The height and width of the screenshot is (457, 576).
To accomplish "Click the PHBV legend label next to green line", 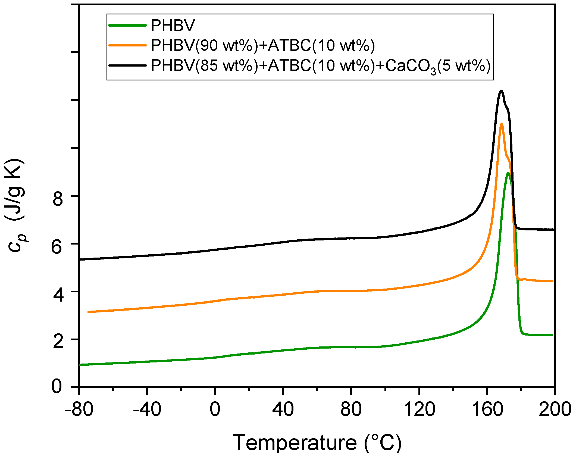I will (x=173, y=26).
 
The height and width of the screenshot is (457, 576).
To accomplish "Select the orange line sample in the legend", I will (x=127, y=45).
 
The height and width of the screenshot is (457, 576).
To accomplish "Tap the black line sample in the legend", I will (x=127, y=65).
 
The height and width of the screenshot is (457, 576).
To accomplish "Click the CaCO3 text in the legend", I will (x=410, y=66).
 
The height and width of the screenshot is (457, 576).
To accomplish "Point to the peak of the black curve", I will (x=501, y=91).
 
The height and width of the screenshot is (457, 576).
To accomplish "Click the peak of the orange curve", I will (x=501, y=124).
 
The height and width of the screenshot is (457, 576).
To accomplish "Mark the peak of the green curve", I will (x=508, y=173).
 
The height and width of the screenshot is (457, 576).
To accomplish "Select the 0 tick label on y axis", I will (x=57, y=386).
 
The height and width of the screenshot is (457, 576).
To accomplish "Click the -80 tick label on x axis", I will (x=79, y=409).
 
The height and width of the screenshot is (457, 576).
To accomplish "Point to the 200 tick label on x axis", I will (x=555, y=409).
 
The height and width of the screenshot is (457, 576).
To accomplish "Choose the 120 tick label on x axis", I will (x=419, y=409).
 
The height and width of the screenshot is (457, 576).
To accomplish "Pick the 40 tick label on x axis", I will (x=283, y=409).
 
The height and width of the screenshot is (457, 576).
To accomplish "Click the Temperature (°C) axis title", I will (x=317, y=443).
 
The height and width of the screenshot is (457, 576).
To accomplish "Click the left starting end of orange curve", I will (x=89, y=312).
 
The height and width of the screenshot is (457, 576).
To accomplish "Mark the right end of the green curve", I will (x=552, y=335).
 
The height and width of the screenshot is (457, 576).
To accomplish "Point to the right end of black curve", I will (x=553, y=230).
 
